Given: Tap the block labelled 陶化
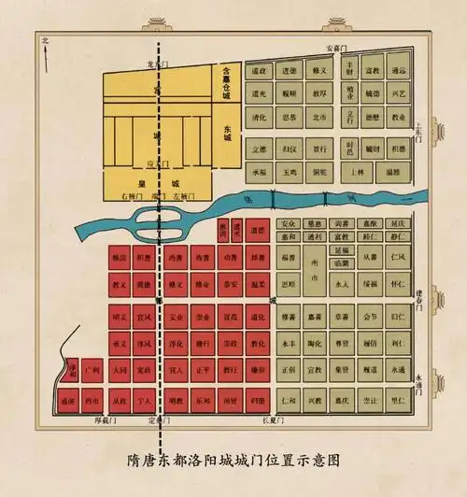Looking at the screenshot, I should pyautogui.click(x=318, y=345).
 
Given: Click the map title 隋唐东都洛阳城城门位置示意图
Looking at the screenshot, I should pyautogui.click(x=233, y=459).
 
